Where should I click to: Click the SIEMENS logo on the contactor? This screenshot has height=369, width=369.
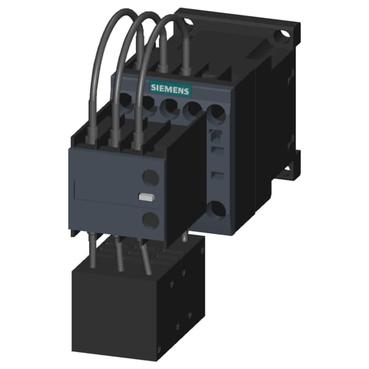pyautogui.click(x=170, y=90)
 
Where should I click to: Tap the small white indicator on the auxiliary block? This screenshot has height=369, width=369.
pyautogui.click(x=146, y=197)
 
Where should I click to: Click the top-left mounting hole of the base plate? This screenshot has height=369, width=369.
pyautogui.click(x=188, y=23)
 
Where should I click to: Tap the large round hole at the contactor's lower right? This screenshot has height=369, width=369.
pyautogui.click(x=216, y=209)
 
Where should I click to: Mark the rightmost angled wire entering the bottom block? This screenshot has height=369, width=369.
pyautogui.click(x=146, y=256)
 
